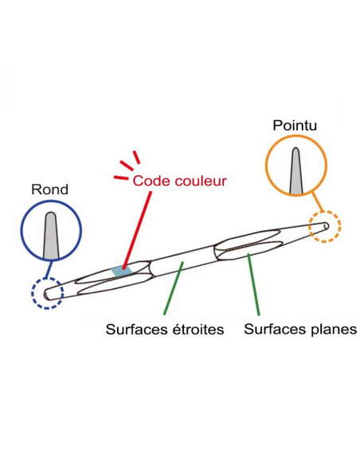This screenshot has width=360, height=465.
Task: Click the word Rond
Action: pyautogui.click(x=50, y=190)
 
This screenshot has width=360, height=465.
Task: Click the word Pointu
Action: pyautogui.click(x=295, y=125)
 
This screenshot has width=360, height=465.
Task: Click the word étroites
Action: pyautogui.click(x=198, y=329)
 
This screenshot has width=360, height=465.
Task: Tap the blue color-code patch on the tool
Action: pyautogui.click(x=122, y=271)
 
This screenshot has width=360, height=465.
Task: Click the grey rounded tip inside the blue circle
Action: pyautogui.click(x=51, y=235)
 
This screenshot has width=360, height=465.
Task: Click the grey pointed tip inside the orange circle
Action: pyautogui.click(x=295, y=171)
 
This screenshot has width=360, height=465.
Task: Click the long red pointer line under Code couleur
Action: pyautogui.click(x=137, y=230)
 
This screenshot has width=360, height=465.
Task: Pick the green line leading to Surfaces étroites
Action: pyautogui.click(x=174, y=287)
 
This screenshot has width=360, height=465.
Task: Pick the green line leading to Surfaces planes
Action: pyautogui.click(x=254, y=284)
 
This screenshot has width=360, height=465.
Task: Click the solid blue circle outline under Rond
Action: pyautogui.click(x=21, y=231)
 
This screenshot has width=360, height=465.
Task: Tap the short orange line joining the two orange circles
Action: pyautogui.click(x=317, y=202)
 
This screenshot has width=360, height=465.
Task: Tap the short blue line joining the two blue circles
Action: pyautogui.click(x=49, y=269)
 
